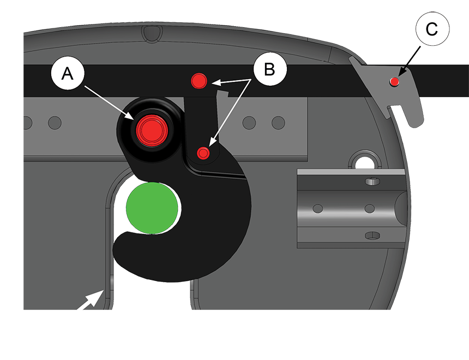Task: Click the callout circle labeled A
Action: click(68, 73)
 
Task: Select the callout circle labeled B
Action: click(270, 69)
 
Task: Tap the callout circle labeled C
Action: click(432, 29)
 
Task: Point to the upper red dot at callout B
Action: click(199, 81)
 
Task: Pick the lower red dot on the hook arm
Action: click(203, 153)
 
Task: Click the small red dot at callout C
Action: click(395, 81)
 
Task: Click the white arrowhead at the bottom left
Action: click(91, 299)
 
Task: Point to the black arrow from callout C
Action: click(409, 61)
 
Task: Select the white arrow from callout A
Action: click(109, 103)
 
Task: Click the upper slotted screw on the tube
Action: click(372, 181)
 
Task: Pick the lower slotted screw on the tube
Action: click(372, 236)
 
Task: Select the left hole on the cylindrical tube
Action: click(317, 208)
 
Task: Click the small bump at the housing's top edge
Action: click(152, 32)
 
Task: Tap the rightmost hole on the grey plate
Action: click(278, 123)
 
